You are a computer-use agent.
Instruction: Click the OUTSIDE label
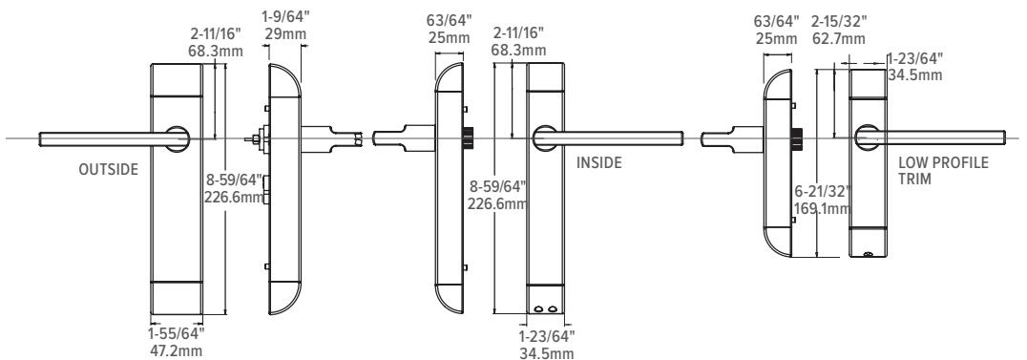pos(109,169)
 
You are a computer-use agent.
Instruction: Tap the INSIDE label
pos(598,162)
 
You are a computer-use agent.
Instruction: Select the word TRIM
pos(914,179)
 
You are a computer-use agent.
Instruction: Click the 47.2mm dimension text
pos(177,350)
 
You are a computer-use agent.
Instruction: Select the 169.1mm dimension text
pos(822,208)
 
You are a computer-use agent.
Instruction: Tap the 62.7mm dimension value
pos(838,39)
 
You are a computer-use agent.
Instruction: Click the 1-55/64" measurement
pos(177,334)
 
